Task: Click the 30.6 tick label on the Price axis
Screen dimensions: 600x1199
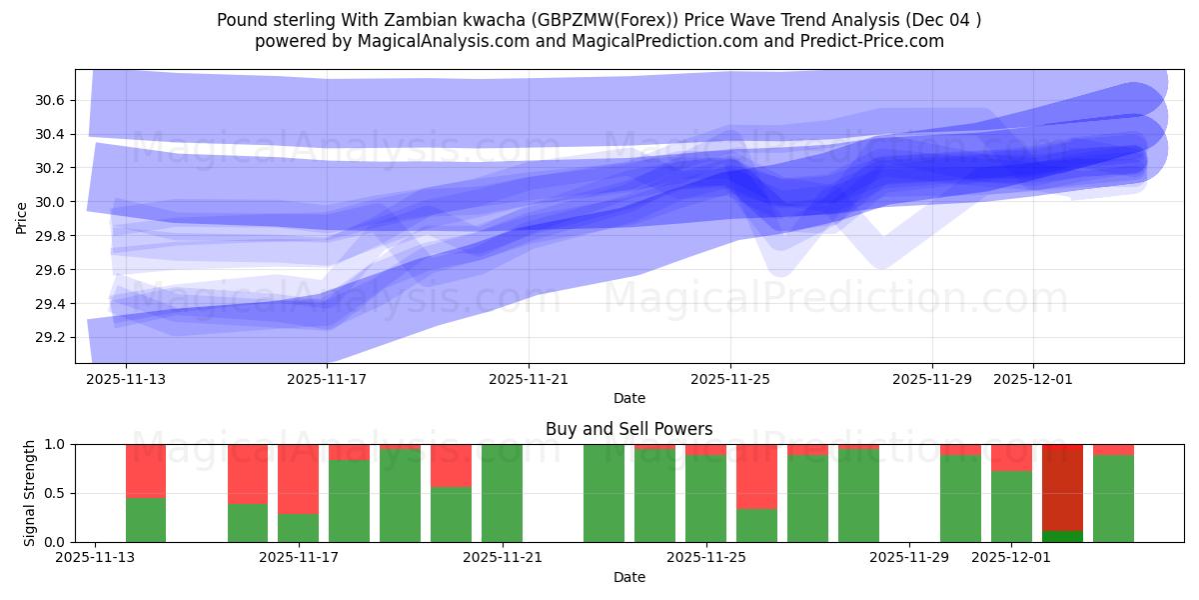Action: pyautogui.click(x=50, y=100)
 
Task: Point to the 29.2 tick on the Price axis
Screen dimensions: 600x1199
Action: pyautogui.click(x=50, y=337)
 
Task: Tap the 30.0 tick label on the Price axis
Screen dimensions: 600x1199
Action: pyautogui.click(x=50, y=202)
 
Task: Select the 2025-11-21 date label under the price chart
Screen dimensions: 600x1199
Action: pyautogui.click(x=529, y=380)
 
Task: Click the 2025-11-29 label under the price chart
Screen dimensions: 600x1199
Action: pyautogui.click(x=931, y=380)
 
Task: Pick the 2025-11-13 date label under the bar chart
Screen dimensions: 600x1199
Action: pyautogui.click(x=95, y=558)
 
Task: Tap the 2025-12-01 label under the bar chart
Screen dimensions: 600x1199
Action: pyautogui.click(x=1012, y=558)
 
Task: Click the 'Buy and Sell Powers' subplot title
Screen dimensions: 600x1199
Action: pyautogui.click(x=628, y=429)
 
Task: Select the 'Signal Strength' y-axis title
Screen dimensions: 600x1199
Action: pyautogui.click(x=30, y=493)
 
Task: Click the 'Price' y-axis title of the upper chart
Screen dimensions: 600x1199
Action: pyautogui.click(x=22, y=217)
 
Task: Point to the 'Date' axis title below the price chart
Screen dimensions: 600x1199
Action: pyautogui.click(x=628, y=398)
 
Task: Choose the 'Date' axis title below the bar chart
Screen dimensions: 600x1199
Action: pyautogui.click(x=628, y=577)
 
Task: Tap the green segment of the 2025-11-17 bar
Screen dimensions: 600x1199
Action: pyautogui.click(x=298, y=527)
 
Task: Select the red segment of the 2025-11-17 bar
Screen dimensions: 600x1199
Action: pyautogui.click(x=298, y=478)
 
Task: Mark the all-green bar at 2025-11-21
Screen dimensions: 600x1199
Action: pyautogui.click(x=502, y=493)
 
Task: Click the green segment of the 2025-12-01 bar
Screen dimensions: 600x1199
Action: pyautogui.click(x=1011, y=506)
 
